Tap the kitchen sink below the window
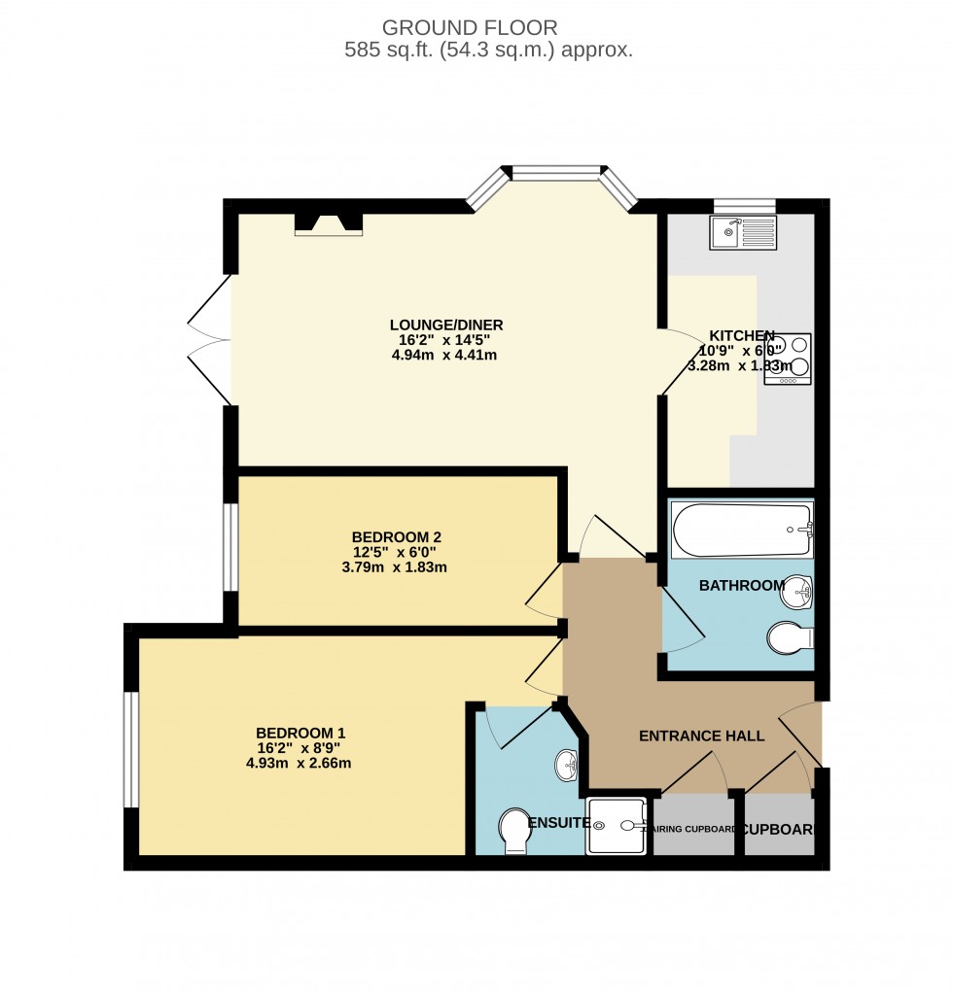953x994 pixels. (744, 232)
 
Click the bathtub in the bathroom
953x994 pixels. (741, 530)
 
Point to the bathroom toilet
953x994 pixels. (789, 638)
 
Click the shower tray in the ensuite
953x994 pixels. (616, 827)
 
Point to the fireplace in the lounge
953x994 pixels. (329, 224)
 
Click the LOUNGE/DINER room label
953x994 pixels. (446, 325)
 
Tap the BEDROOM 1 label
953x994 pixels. (300, 733)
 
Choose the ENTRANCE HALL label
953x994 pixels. (701, 736)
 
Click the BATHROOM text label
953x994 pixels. (741, 585)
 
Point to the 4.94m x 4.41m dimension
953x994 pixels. (445, 355)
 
